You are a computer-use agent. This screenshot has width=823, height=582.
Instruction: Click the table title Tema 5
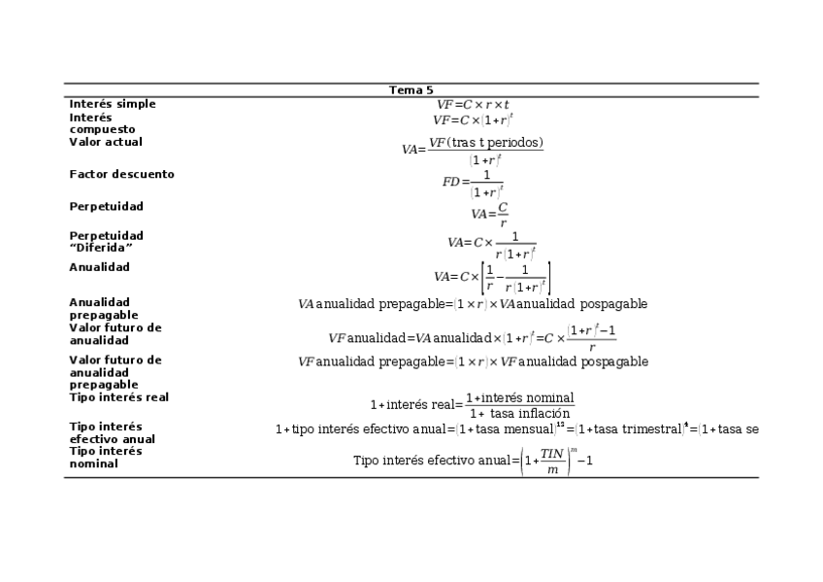tap(411, 90)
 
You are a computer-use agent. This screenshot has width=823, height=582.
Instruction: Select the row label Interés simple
tap(113, 104)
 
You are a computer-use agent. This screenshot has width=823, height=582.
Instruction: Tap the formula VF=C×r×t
tap(473, 104)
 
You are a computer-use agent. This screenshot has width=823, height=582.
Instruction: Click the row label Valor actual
tap(106, 142)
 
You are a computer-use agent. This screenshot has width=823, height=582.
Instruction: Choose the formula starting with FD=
tap(474, 182)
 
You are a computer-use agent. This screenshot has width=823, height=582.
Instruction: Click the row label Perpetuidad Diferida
tap(106, 242)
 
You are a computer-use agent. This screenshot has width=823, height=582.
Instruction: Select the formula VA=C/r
tap(490, 214)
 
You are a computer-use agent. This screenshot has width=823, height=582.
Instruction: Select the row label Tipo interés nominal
tap(105, 458)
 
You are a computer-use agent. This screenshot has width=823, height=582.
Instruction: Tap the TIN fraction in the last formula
tap(552, 461)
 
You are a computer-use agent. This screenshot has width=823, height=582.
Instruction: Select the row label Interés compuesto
tap(102, 123)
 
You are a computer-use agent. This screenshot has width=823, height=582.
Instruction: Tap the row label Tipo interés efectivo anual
tap(112, 432)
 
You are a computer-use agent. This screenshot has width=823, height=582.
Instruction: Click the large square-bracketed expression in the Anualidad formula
tap(515, 277)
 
